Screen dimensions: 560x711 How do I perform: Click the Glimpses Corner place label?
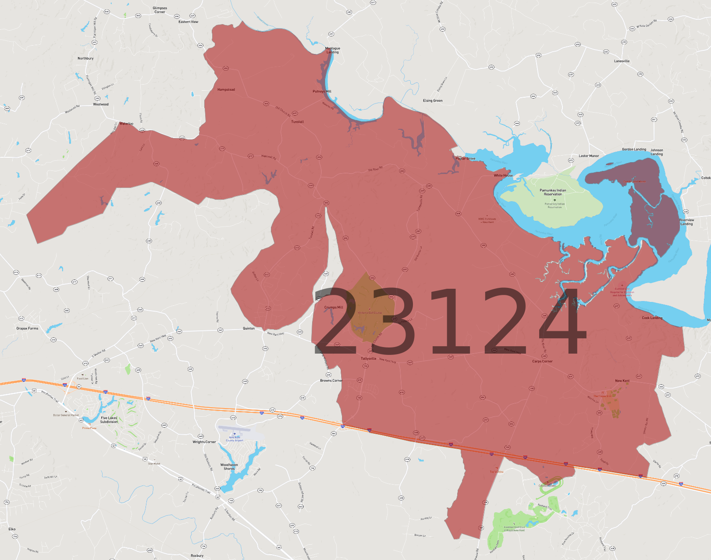[160, 10]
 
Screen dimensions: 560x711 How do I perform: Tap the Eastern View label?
[188, 22]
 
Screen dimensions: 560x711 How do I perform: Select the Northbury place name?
[85, 58]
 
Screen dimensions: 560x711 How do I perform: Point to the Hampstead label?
[226, 90]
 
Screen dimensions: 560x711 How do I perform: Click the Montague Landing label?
[333, 50]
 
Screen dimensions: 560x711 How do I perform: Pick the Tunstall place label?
[297, 122]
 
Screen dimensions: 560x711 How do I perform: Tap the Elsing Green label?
[433, 101]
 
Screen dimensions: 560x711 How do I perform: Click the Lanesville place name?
[622, 61]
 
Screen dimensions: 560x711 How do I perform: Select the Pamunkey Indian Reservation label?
[553, 192]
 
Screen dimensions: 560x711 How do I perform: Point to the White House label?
[503, 176]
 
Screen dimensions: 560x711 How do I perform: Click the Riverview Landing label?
[686, 222]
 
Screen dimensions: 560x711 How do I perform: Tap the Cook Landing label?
[652, 318]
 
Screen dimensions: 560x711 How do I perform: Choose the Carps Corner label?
[542, 362]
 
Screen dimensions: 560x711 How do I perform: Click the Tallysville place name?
[368, 358]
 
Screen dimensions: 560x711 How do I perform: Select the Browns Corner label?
[331, 381]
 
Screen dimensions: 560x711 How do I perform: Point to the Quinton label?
[249, 329]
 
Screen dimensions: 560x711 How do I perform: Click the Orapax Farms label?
[27, 329]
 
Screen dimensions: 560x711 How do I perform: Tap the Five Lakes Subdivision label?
[109, 420]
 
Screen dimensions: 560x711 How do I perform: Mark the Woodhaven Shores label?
[229, 467]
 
